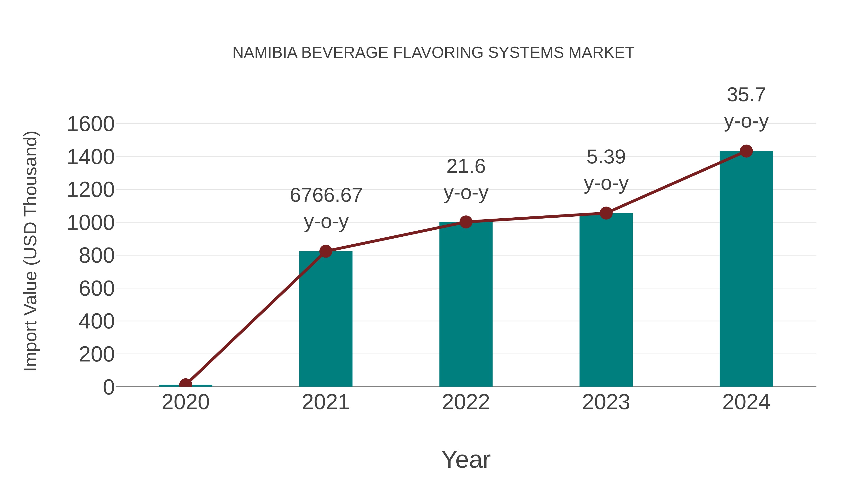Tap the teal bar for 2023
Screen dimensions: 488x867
pos(606,300)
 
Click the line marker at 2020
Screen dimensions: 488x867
pos(185,384)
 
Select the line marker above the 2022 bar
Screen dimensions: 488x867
pos(466,222)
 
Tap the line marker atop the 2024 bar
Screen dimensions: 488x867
pos(746,151)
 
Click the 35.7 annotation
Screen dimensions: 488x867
pos(746,95)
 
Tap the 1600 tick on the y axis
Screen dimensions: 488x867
pos(91,124)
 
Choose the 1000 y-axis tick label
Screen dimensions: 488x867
pos(91,223)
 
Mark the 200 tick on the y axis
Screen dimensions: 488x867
pos(97,354)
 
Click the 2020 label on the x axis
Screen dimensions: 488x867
pos(185,402)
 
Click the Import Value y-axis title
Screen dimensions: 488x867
pos(31,251)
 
